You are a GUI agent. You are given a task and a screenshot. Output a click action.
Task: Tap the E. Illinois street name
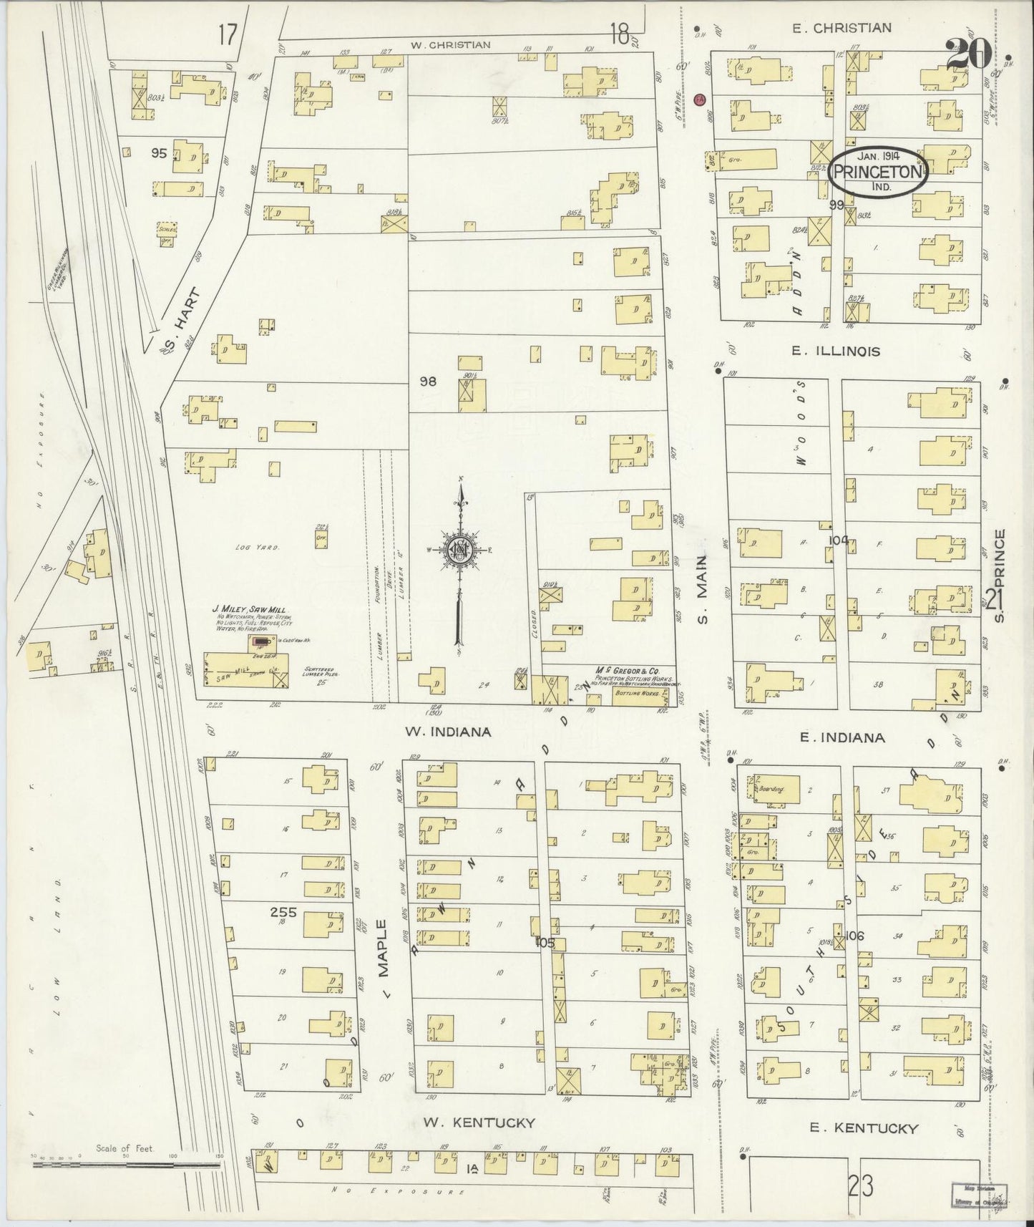coord(835,351)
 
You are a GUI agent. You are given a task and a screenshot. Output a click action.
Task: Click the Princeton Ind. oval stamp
coord(878,172)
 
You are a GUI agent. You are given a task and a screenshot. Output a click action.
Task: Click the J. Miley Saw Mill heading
coord(243,609)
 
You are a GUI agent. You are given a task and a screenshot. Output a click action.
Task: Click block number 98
coord(428,382)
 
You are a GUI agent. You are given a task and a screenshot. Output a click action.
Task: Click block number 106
coord(855,936)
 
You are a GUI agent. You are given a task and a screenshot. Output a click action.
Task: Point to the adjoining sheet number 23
coord(861,1187)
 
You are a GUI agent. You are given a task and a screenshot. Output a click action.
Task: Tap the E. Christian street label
coord(841,28)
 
